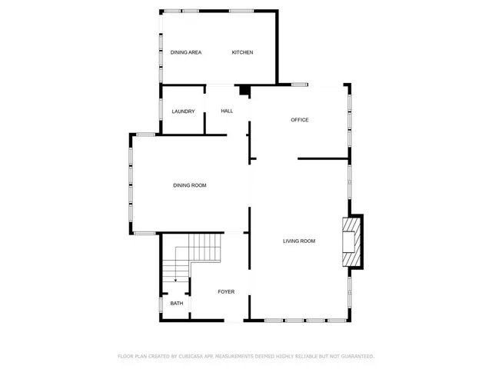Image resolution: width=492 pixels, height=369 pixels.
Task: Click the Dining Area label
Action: pos(186,52)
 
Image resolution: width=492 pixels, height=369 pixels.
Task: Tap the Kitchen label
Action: pos(243,52)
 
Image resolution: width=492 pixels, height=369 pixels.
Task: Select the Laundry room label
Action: pos(183,111)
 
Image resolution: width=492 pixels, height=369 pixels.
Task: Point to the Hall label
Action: pos(227,111)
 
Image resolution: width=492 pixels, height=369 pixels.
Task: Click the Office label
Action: pos(300,120)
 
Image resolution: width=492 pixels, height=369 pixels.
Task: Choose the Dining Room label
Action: pos(189,185)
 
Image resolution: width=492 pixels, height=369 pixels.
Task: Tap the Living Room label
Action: pos(299,241)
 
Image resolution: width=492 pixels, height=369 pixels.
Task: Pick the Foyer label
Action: pos(226,292)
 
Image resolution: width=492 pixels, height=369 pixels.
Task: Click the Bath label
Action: pos(177,304)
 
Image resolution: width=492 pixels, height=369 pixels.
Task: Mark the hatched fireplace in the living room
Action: pos(351,241)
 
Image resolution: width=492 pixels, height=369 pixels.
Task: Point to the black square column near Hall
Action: pos(244,91)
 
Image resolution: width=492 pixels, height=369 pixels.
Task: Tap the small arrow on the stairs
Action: pos(176,281)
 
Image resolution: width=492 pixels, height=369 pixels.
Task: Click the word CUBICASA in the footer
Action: pos(189,357)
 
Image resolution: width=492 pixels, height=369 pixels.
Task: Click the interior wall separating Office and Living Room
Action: pos(323,159)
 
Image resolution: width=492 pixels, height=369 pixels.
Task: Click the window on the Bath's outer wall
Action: pos(161,304)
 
